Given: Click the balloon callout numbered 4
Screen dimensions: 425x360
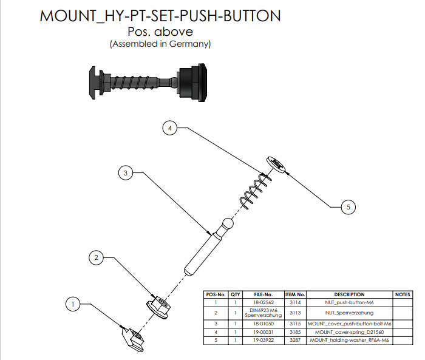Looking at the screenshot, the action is pos(170,128).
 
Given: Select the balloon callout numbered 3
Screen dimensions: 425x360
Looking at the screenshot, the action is pos(126,173).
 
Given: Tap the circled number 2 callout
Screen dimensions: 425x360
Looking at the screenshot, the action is pos(96,257).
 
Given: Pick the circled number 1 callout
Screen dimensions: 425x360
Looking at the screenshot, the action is pos(73,304).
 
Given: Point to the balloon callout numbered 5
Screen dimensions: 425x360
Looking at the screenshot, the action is pos(348,207).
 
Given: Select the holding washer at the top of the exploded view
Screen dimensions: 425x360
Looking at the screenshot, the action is pos(276,165).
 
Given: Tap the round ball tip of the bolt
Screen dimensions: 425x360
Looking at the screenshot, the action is pos(228,224).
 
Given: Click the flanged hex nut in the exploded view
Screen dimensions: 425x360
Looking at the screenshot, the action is pos(158,307).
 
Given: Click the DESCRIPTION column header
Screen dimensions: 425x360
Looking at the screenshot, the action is pos(349,294).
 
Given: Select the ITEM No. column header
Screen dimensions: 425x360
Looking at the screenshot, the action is pos(295,294).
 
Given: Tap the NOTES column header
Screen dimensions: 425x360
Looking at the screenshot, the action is pos(403,294).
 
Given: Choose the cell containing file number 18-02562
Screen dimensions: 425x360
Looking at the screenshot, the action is pos(263,302).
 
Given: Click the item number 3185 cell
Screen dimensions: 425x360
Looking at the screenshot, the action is pos(295,332).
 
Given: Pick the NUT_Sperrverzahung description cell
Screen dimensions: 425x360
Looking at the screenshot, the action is pos(349,313).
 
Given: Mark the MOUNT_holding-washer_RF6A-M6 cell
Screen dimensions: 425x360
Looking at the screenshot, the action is pos(349,340).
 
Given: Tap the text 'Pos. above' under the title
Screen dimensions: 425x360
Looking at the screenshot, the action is pos(160,32).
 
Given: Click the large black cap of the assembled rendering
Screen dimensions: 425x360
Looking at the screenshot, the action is pos(192,83).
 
